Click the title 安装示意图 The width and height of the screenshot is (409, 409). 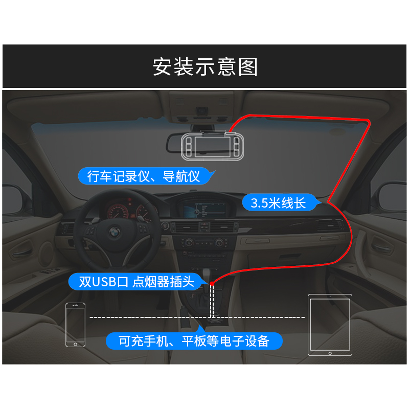click(205, 67)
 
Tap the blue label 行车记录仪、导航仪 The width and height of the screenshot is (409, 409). click(144, 176)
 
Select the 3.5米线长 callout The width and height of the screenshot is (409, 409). click(278, 203)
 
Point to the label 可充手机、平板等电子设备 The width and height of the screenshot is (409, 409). click(194, 341)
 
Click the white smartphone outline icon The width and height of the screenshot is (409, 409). click(75, 324)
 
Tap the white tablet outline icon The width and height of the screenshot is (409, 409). click(330, 324)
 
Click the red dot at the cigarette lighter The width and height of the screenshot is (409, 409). click(212, 283)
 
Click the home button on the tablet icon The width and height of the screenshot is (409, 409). click(330, 352)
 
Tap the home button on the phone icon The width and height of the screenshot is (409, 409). click(75, 344)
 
